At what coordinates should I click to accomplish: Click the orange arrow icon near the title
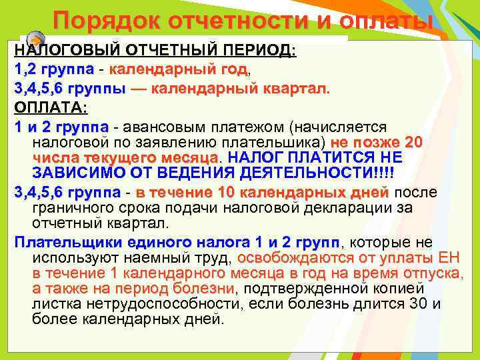point(38,39)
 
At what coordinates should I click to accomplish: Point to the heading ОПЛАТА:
point(51,107)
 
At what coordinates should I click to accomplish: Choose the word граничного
point(71,207)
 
